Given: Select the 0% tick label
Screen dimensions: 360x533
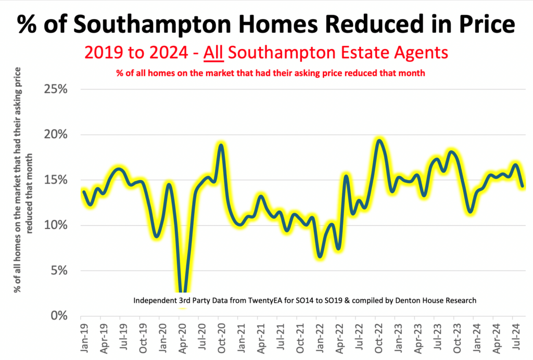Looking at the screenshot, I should point(59,316).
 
